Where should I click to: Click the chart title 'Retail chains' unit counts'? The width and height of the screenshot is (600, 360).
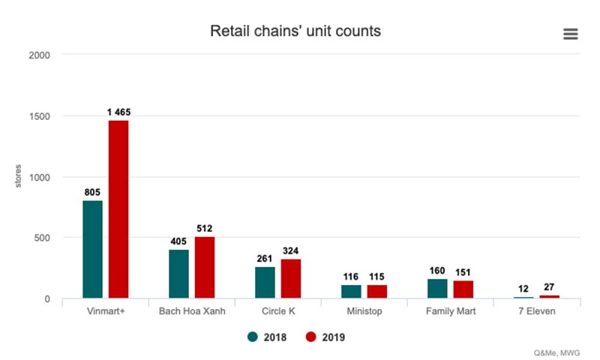click(x=295, y=31)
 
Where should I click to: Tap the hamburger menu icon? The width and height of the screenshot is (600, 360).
click(x=570, y=34)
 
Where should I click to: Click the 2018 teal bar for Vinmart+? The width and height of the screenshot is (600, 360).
click(x=93, y=249)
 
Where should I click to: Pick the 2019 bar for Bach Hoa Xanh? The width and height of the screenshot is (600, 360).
click(x=205, y=267)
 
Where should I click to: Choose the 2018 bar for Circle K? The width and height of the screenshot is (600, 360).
click(x=265, y=283)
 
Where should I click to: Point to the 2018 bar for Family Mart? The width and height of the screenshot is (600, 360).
click(x=437, y=289)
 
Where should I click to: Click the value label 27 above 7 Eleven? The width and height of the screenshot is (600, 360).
click(x=550, y=287)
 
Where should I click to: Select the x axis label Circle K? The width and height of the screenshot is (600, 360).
click(x=278, y=311)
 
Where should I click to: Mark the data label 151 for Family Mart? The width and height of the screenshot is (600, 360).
click(x=463, y=271)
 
